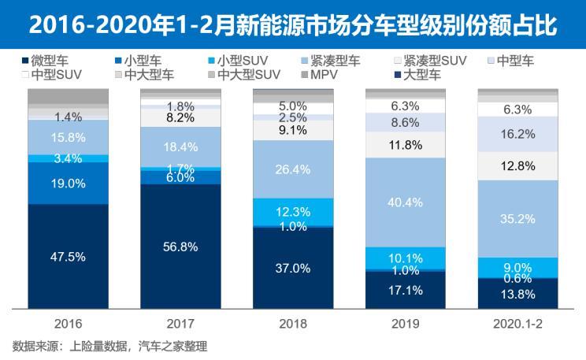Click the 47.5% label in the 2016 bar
[68, 258]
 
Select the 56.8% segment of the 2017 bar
[180, 247]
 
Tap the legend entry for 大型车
[425, 75]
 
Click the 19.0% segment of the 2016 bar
[68, 183]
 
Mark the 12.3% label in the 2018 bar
[293, 212]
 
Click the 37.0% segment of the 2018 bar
[293, 268]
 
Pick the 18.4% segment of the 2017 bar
[180, 147]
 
